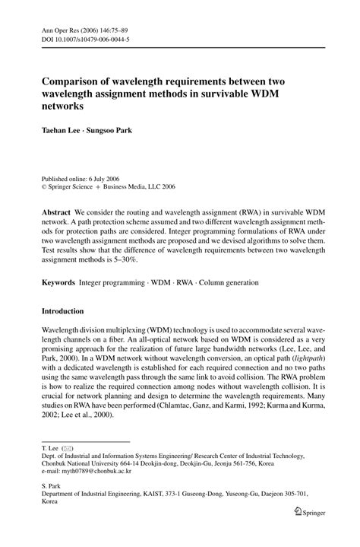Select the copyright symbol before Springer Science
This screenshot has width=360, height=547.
pos(44,185)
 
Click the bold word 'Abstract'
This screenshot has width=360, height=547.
pos(56,209)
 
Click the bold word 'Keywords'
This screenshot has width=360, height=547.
pos(58,282)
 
